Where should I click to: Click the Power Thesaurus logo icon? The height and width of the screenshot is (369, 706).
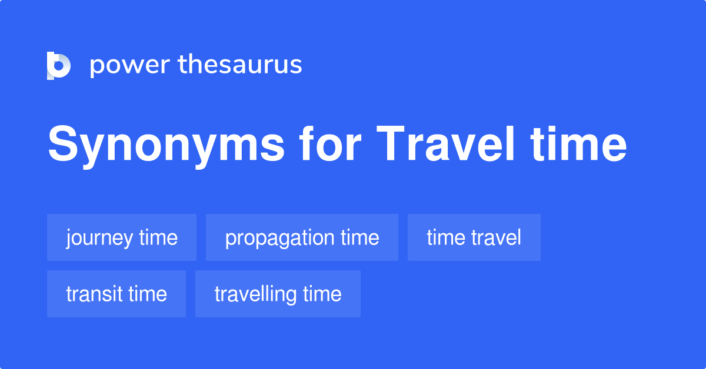[x=58, y=65]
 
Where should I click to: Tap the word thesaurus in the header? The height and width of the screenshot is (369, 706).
[x=240, y=65]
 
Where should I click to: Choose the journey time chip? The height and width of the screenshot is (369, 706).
[x=122, y=237]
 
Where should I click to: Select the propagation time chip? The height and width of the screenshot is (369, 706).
[x=302, y=237]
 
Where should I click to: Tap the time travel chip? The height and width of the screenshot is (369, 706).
[x=474, y=237]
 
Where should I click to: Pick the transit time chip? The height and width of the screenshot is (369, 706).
[x=116, y=294]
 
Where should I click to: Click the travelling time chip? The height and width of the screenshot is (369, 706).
[x=278, y=294]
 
